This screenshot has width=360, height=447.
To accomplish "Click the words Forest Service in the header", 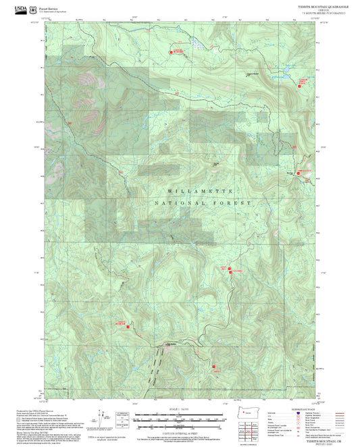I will click(x=47, y=7).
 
